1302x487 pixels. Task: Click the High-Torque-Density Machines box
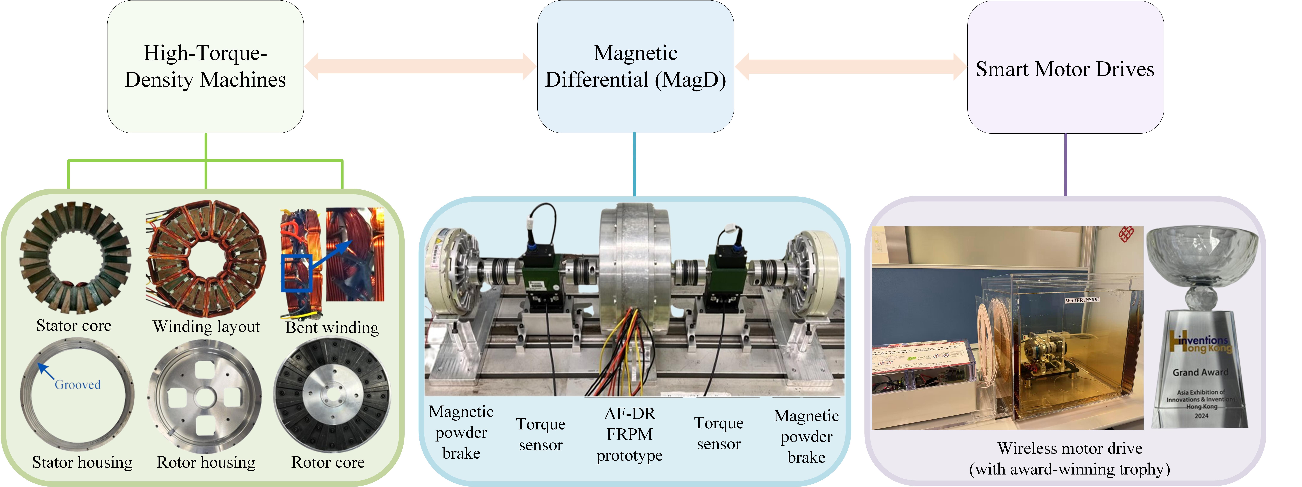pos(205,67)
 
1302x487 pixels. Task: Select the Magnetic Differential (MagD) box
pos(635,67)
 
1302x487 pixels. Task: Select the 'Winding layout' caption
pos(206,327)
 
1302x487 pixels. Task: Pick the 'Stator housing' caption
pos(82,462)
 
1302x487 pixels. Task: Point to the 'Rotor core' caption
pos(328,462)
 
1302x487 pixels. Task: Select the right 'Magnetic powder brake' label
pos(806,436)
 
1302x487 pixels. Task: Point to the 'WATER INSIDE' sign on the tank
pos(1082,300)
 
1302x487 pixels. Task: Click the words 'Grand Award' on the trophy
pos(1200,372)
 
